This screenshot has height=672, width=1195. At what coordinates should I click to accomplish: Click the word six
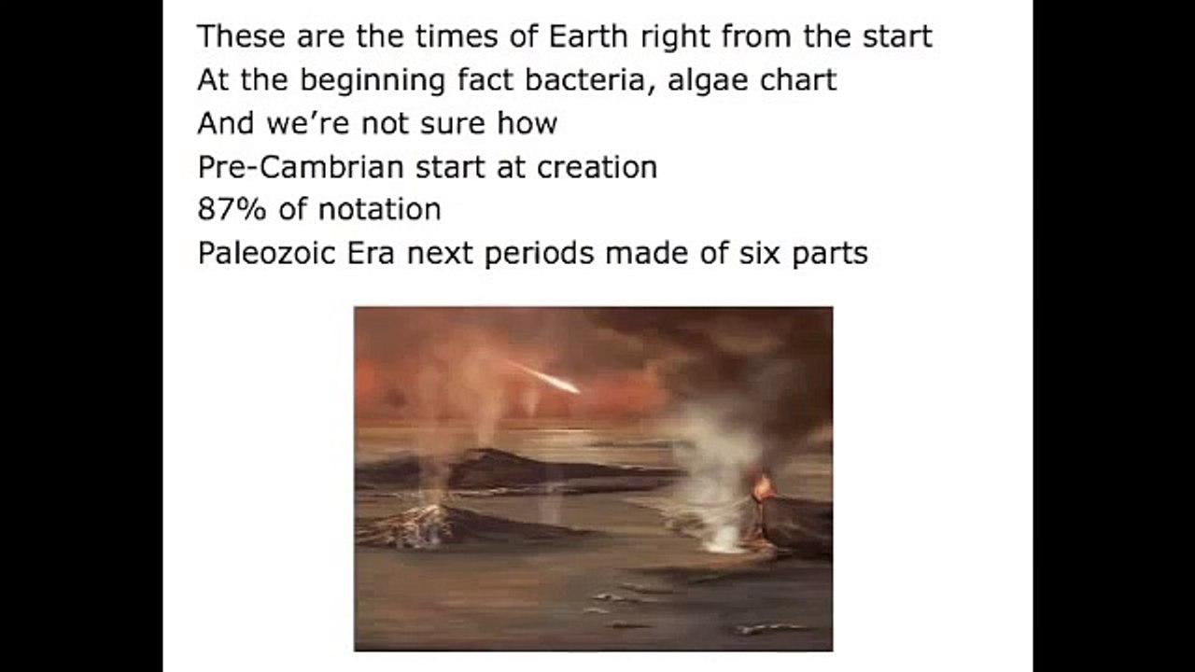point(762,253)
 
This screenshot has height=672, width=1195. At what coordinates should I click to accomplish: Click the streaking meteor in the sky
point(551,378)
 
